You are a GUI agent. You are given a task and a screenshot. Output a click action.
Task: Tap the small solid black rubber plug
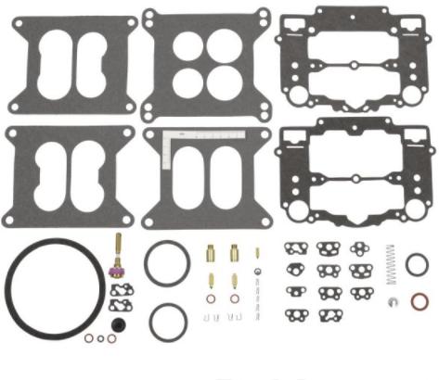pyautogui.click(x=118, y=324)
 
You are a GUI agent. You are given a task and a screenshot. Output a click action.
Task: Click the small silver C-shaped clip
pyautogui.click(x=393, y=303)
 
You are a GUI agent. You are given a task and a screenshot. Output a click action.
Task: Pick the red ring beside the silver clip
pyautogui.click(x=420, y=300)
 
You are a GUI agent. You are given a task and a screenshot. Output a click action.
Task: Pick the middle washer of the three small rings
pyautogui.click(x=100, y=339)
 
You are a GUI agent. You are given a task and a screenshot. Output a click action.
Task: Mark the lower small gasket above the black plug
pyautogui.click(x=121, y=304)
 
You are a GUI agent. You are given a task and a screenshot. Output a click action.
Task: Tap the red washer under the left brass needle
pyautogui.click(x=212, y=299)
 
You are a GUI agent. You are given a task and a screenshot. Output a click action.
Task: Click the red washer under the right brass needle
pyautogui.click(x=234, y=299)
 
